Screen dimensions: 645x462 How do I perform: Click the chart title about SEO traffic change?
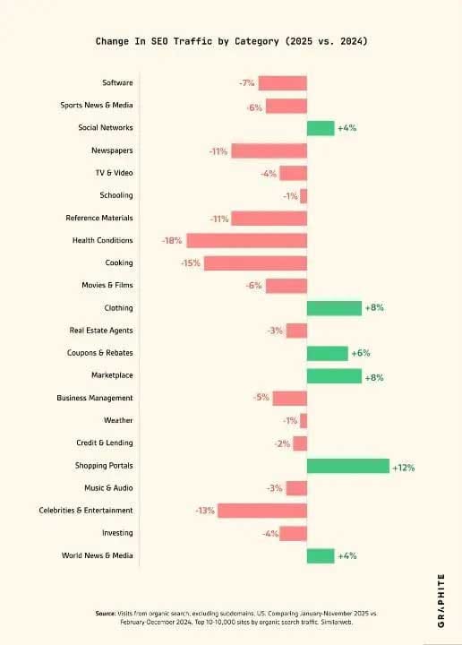(231, 41)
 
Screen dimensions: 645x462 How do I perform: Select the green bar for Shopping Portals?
(347, 466)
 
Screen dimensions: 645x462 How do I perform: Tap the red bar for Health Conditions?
(246, 240)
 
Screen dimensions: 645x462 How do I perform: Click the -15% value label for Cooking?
(189, 263)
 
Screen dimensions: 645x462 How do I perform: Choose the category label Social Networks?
(106, 128)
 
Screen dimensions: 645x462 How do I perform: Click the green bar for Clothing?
(334, 308)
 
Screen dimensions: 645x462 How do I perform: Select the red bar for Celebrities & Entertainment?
(261, 511)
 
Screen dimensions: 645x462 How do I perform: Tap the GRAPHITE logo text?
(440, 600)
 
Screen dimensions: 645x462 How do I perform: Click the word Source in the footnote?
(106, 613)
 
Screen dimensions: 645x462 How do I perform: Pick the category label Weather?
(118, 420)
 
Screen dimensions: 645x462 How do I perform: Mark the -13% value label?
(204, 511)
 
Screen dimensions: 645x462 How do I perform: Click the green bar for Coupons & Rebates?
(327, 353)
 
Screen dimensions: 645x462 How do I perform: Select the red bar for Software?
(282, 83)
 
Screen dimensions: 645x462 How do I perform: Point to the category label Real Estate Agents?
(101, 331)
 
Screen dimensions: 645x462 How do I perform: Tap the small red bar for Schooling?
(304, 195)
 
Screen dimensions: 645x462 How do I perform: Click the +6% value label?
(361, 354)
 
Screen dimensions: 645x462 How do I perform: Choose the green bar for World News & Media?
(320, 555)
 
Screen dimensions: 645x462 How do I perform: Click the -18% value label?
(172, 241)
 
